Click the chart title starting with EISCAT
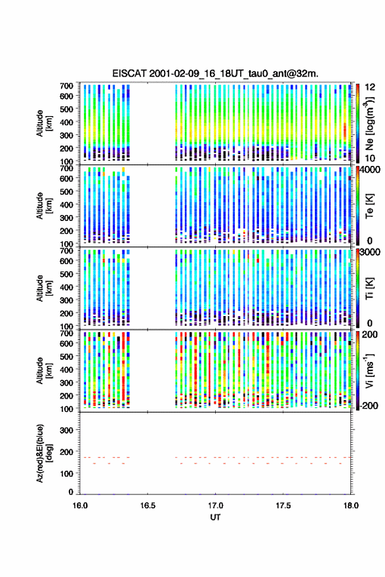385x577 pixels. [215, 73]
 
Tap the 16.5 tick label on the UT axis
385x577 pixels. [148, 506]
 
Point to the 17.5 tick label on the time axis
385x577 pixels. [283, 506]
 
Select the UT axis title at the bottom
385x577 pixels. [215, 517]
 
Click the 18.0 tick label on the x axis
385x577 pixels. [351, 506]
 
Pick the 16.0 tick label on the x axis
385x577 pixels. [80, 506]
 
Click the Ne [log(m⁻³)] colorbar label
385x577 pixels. [369, 123]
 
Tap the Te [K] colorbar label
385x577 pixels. [369, 205]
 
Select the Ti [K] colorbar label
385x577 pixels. [369, 288]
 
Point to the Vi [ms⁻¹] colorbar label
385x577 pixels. [369, 370]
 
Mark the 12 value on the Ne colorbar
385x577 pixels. [371, 87]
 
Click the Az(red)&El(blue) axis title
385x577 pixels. [43, 453]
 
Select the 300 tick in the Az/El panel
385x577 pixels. [66, 430]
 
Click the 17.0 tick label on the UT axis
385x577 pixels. [215, 506]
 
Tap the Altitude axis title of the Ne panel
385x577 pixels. [43, 123]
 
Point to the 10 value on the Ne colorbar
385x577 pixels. [369, 158]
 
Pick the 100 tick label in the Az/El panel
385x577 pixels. [66, 473]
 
